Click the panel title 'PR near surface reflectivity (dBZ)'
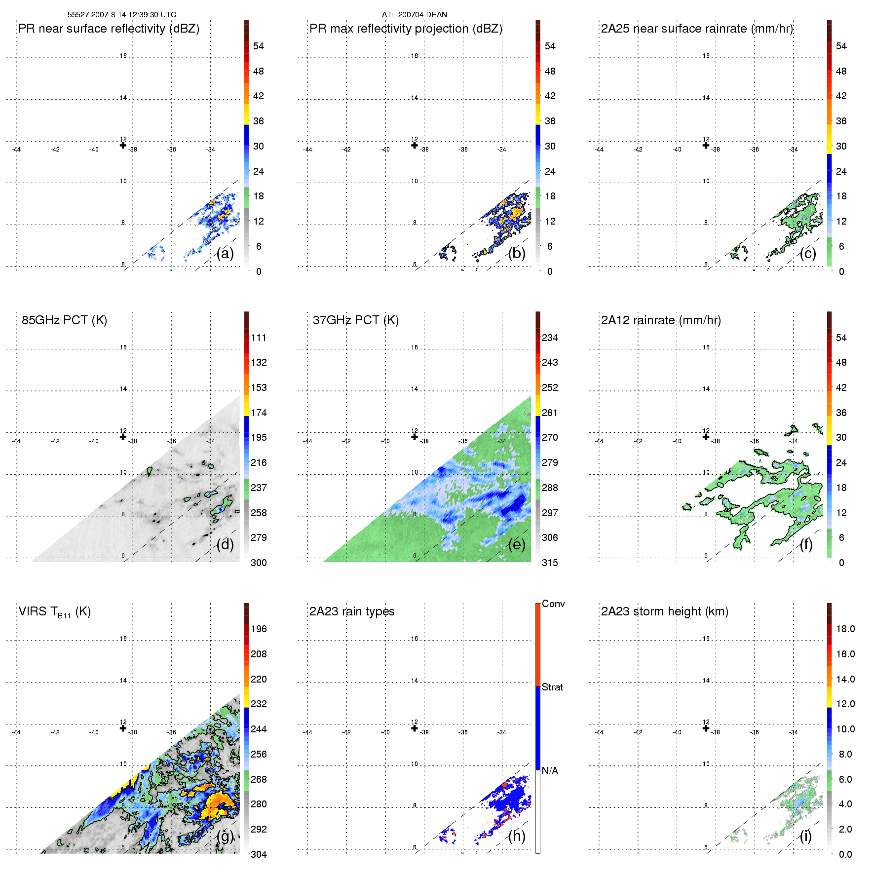click(x=109, y=29)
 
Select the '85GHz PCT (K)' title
click(x=64, y=320)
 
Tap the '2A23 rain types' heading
click(x=351, y=611)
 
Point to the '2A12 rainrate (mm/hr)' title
click(x=660, y=320)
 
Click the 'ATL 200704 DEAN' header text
click(x=414, y=15)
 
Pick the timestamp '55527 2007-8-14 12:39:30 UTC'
click(x=121, y=15)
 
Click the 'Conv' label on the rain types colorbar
click(x=553, y=604)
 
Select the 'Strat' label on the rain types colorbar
click(x=552, y=687)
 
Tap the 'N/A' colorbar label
click(x=550, y=771)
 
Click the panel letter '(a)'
click(x=225, y=253)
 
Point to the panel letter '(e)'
click(x=517, y=544)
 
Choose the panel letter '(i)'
click(x=805, y=836)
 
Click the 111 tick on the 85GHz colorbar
click(x=259, y=338)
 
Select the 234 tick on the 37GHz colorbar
click(x=550, y=338)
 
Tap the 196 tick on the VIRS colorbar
click(x=259, y=629)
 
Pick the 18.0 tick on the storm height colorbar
click(x=845, y=629)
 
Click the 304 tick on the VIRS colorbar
click(x=259, y=854)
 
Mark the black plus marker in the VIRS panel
click(x=123, y=728)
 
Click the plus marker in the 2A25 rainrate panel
click(x=706, y=145)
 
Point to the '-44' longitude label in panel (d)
click(x=16, y=441)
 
